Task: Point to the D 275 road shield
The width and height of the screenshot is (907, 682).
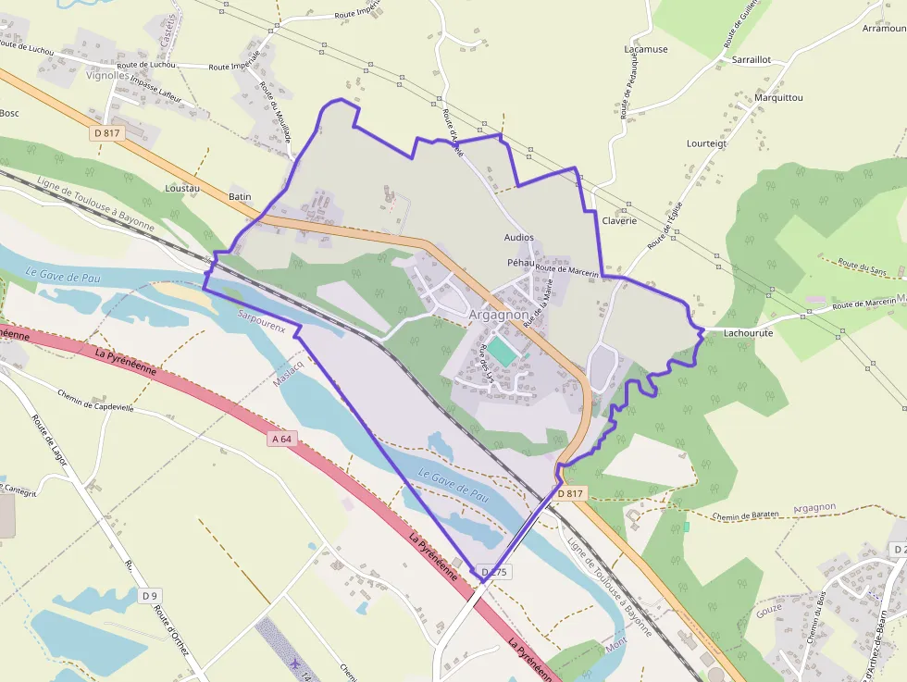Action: [x=495, y=572]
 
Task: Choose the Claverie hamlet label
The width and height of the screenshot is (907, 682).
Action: [x=620, y=220]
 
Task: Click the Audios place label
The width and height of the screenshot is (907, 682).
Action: [x=519, y=238]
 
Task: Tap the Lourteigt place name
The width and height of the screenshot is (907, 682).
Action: [x=707, y=143]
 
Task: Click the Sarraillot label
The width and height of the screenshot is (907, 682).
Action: [x=751, y=59]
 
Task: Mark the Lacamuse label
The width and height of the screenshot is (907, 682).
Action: [x=646, y=49]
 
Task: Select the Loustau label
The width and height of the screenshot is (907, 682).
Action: [x=182, y=188]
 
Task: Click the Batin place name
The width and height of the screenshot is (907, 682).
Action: [x=240, y=197]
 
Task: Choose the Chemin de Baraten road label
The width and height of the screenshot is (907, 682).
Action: [x=747, y=515]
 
